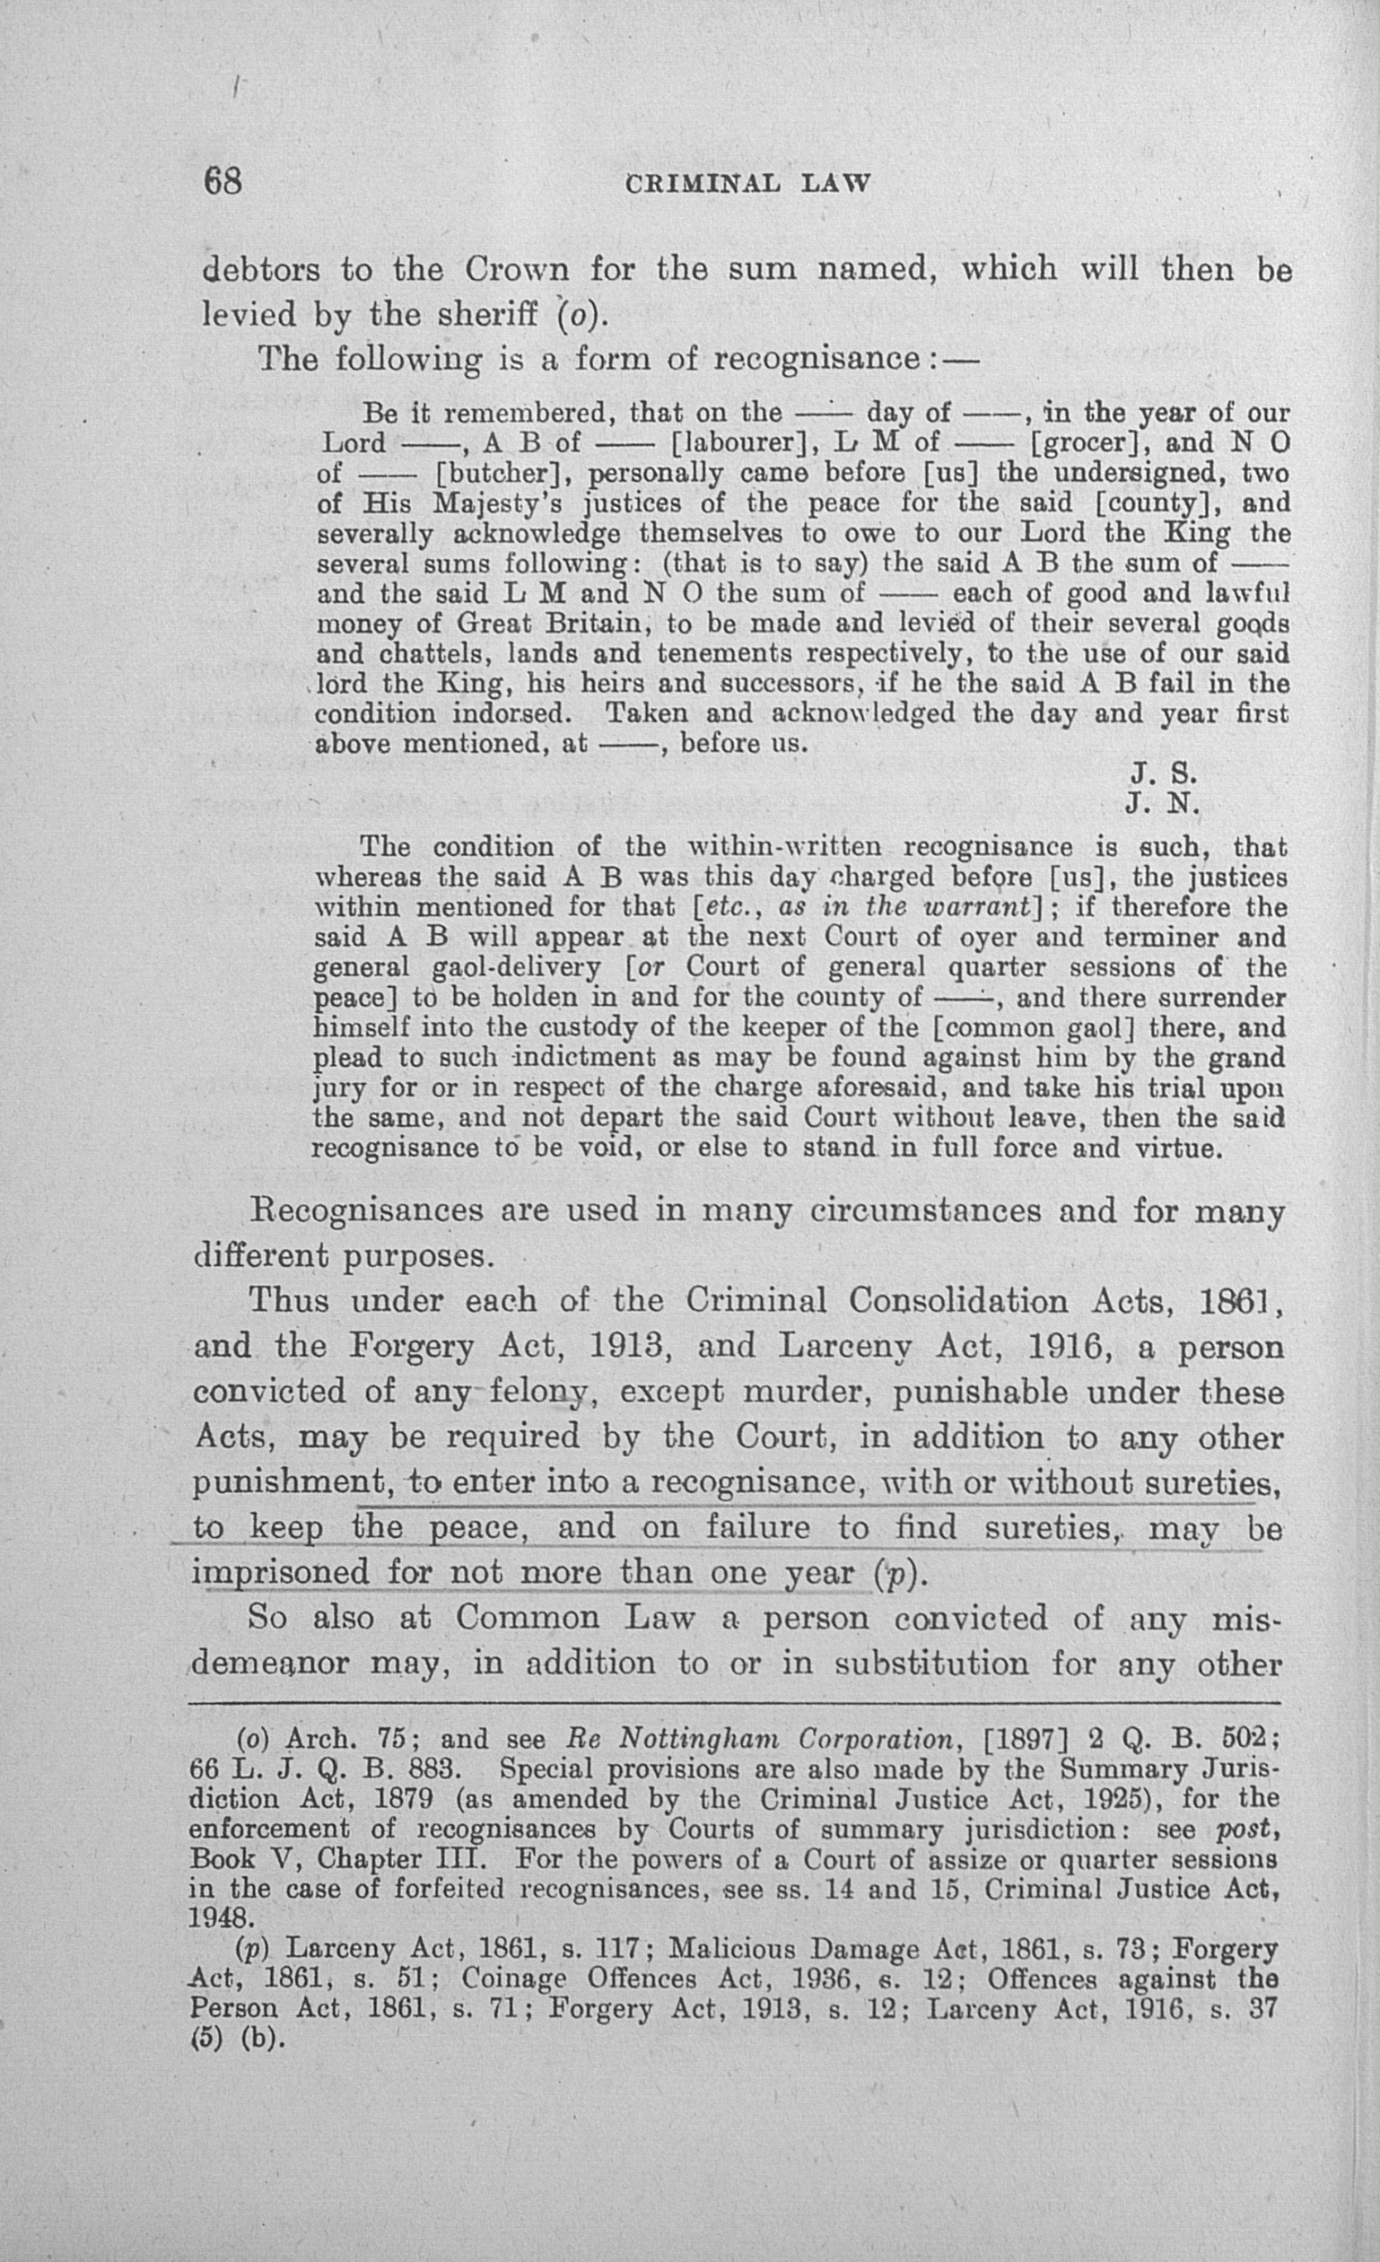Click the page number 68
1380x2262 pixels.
223,181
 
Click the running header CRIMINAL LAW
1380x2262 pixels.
747,184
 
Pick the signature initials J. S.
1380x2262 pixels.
1161,774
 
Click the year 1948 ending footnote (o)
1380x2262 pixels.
218,1918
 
